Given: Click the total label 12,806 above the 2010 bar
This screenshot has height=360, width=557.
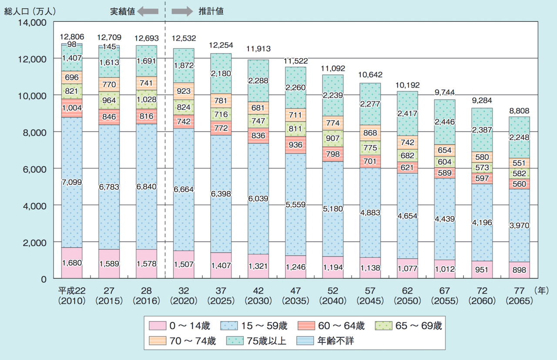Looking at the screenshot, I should (x=72, y=37).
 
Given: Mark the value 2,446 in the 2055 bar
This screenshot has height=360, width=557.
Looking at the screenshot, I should (x=444, y=122).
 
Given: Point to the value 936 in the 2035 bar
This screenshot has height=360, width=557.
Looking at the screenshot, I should (x=296, y=145).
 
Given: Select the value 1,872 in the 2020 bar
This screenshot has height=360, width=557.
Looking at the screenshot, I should (x=184, y=65).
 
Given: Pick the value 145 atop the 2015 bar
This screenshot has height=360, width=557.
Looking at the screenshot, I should (x=109, y=47).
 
